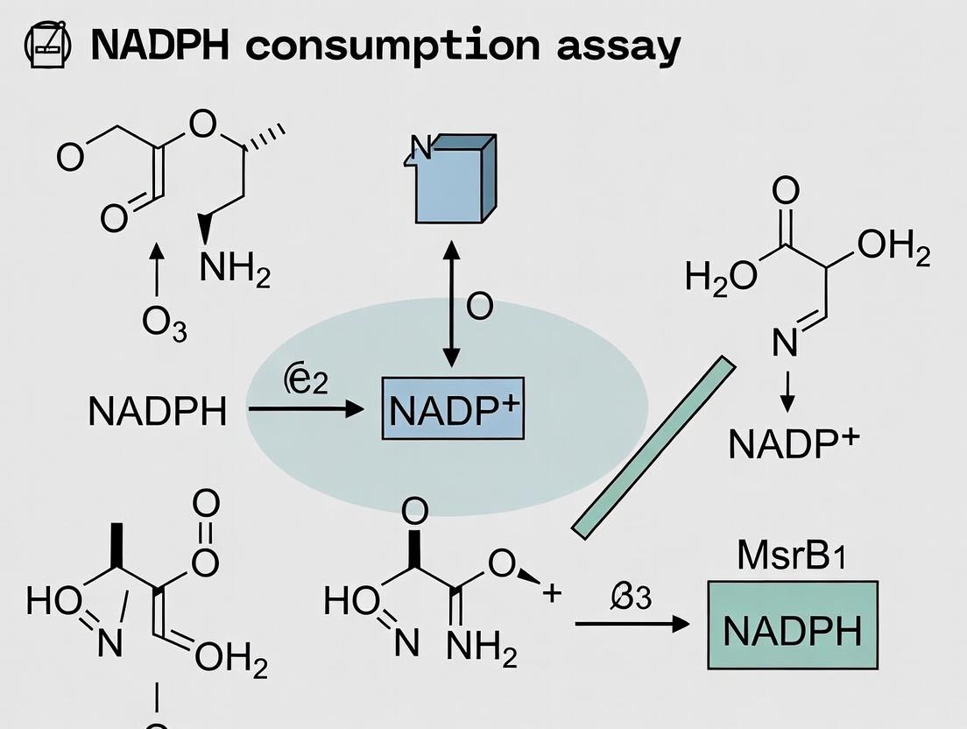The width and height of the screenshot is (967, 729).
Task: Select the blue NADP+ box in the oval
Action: [x=453, y=410]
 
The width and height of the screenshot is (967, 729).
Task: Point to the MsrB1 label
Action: [x=791, y=557]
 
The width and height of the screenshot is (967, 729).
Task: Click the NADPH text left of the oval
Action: [x=158, y=411]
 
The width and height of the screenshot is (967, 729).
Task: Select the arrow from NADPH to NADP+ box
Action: [x=306, y=408]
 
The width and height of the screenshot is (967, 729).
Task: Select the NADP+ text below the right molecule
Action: [x=794, y=444]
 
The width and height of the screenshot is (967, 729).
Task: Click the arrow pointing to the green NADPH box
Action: [x=632, y=624]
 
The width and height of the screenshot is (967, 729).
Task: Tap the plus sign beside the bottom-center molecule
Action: [x=551, y=592]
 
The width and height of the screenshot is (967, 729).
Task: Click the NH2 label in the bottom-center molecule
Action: [x=481, y=648]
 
